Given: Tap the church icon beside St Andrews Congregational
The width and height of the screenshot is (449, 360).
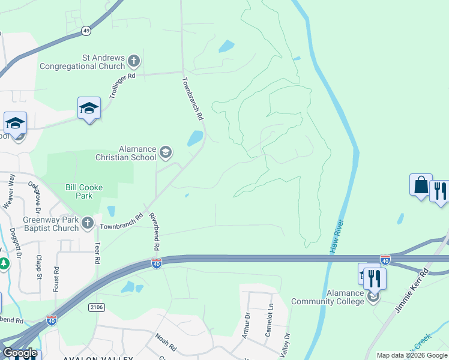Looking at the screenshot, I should tap(133, 61).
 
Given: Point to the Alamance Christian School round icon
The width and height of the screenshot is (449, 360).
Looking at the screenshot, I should tap(165, 153).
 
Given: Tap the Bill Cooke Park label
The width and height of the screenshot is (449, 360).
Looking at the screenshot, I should tap(84, 191).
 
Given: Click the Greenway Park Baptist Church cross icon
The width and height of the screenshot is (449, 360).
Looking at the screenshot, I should tap(88, 223).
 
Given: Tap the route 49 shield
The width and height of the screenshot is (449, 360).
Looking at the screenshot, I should tap(87, 30).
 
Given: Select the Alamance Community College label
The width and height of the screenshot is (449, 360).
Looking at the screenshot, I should tap(328, 297).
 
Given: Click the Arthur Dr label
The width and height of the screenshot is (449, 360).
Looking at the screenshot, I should tap(247, 325).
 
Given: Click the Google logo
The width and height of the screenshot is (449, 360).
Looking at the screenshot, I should tap(20, 353).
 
